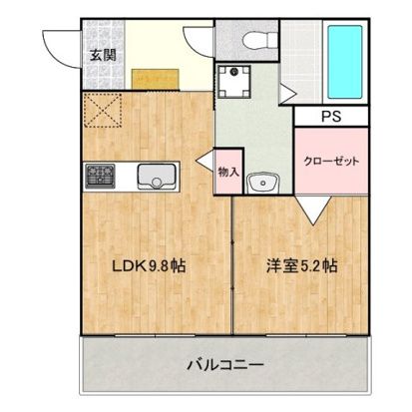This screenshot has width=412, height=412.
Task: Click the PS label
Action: [329, 116]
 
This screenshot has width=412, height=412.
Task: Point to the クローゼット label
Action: [326, 161]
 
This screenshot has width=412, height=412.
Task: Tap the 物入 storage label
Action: [228, 172]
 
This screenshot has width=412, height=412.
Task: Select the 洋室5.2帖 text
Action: [300, 266]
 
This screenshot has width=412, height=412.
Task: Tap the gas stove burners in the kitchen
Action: [102, 177]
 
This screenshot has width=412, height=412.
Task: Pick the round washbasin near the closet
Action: [263, 183]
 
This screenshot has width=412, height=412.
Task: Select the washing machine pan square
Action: [235, 82]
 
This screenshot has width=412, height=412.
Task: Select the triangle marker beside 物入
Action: [206, 160]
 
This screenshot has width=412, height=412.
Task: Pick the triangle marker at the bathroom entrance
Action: [287, 95]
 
